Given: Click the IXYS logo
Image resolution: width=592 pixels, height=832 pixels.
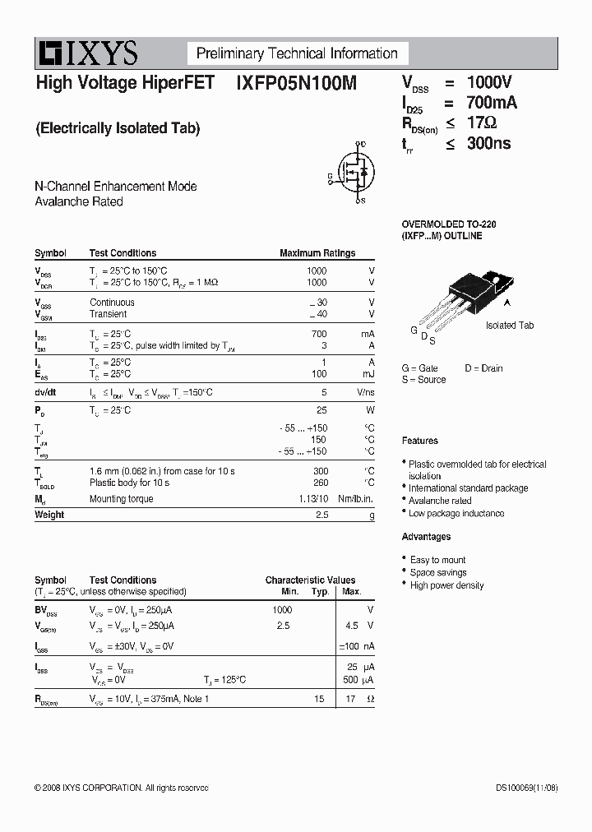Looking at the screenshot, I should click(87, 54).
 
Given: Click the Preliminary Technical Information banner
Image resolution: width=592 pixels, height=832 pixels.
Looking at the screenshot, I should click(297, 54).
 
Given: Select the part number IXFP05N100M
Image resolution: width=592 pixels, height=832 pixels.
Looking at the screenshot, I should click(296, 83).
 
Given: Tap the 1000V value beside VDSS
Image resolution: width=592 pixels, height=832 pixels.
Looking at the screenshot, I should click(489, 82).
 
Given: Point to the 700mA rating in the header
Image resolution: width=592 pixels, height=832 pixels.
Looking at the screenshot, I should click(492, 103).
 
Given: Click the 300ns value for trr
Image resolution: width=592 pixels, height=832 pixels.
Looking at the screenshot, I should click(488, 143).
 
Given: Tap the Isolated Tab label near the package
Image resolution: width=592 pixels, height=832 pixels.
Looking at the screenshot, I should click(510, 326).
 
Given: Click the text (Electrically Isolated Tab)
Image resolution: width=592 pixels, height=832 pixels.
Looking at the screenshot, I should click(118, 128).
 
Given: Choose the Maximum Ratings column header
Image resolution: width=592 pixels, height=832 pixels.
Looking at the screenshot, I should click(317, 253).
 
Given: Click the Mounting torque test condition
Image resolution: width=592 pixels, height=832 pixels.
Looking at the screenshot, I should click(121, 499).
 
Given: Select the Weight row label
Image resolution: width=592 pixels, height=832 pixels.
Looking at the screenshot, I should click(49, 515).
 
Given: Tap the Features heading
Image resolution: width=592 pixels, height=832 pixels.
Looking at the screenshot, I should click(420, 441).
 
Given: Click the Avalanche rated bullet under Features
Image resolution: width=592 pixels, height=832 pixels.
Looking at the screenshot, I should click(441, 501).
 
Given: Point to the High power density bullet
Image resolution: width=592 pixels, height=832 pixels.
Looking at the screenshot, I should click(446, 585).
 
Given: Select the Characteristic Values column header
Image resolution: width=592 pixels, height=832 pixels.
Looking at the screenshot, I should click(310, 580).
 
